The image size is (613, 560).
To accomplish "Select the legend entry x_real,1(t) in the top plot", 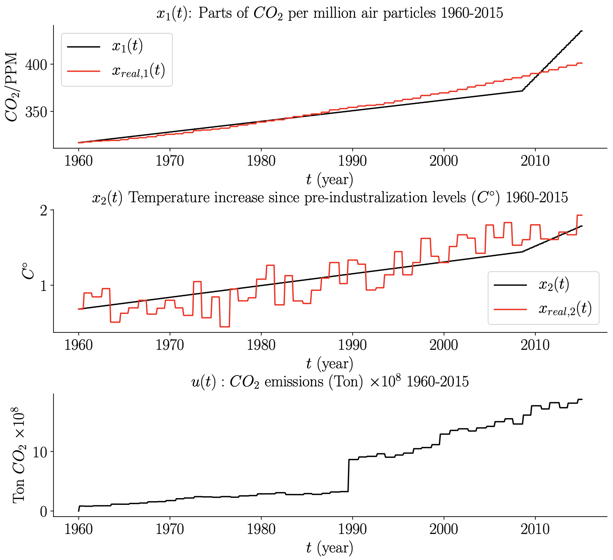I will pyautogui.click(x=138, y=71).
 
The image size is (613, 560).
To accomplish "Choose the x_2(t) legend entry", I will pyautogui.click(x=553, y=285).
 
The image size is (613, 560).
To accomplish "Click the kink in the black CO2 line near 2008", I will pyautogui.click(x=522, y=91).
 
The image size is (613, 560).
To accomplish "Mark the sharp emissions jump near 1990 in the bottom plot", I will pyautogui.click(x=349, y=475).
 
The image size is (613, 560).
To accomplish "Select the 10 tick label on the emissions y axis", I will pyautogui.click(x=40, y=452).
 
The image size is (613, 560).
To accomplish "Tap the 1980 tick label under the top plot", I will pyautogui.click(x=261, y=161).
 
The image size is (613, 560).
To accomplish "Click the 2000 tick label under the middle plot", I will pyautogui.click(x=444, y=345).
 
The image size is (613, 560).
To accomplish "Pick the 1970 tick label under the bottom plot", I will pyautogui.click(x=170, y=529).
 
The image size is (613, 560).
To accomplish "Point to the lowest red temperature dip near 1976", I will pyautogui.click(x=225, y=326).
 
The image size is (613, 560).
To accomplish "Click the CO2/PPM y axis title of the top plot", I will pyautogui.click(x=12, y=87).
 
